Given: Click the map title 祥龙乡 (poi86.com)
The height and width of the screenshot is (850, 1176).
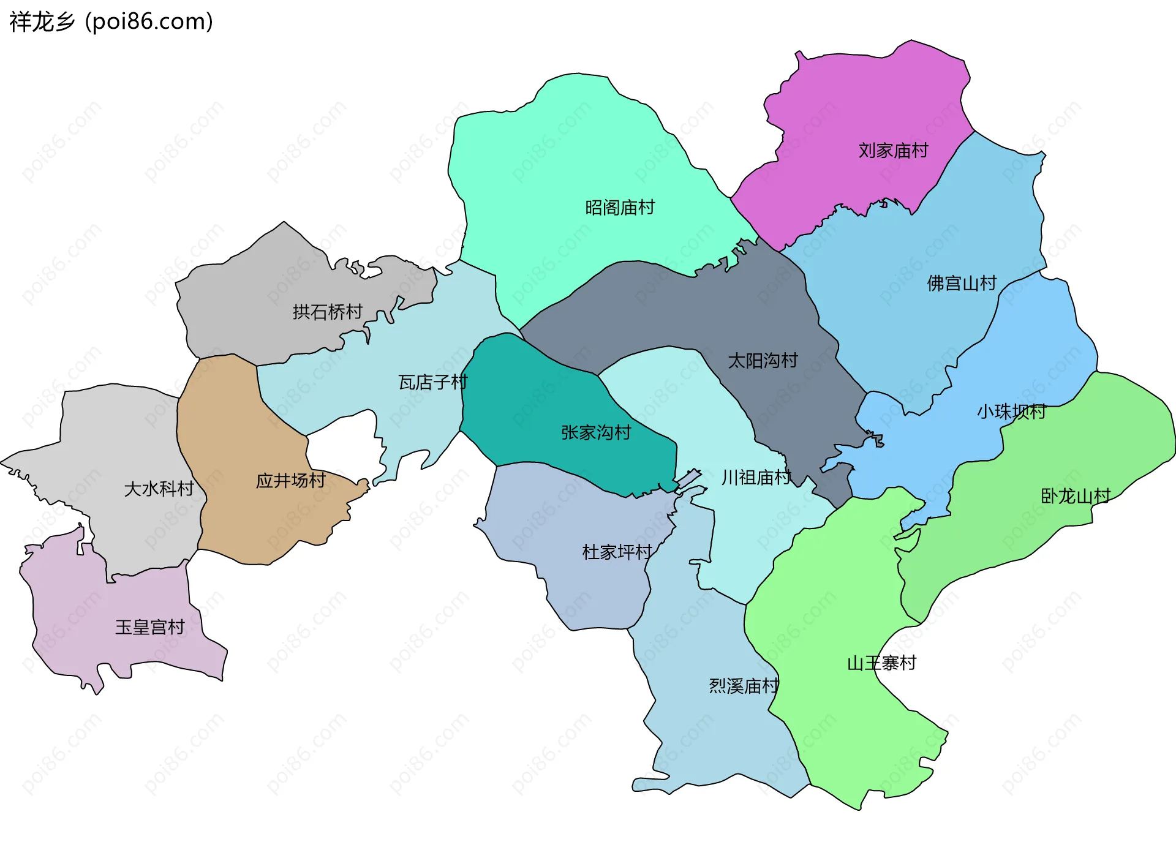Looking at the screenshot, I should (x=111, y=21).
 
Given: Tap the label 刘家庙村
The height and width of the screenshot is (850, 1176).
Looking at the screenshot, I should (x=893, y=150).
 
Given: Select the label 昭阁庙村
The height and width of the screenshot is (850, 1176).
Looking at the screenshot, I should (x=620, y=208).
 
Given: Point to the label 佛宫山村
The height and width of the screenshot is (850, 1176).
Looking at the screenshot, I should (x=962, y=283).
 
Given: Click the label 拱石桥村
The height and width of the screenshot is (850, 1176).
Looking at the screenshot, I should (x=328, y=312).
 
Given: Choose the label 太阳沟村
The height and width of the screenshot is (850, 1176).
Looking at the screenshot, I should (x=763, y=360).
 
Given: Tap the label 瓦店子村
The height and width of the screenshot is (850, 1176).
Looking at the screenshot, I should (x=433, y=382).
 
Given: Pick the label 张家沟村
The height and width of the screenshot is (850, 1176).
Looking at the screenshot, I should (x=596, y=432).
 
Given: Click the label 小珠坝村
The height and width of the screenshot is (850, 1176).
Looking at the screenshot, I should (x=1011, y=412).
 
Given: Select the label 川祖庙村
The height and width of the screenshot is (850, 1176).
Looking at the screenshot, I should (x=756, y=477).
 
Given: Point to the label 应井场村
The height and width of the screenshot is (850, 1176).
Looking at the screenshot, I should (x=290, y=480).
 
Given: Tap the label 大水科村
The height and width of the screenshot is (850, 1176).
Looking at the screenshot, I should (x=159, y=489).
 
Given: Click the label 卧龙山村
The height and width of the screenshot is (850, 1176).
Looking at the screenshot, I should (x=1076, y=496).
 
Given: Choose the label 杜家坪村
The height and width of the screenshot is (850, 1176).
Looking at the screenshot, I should (x=617, y=552).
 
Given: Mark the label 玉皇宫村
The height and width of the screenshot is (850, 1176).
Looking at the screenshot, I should (x=150, y=627).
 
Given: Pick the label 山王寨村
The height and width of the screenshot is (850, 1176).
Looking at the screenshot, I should (x=881, y=663).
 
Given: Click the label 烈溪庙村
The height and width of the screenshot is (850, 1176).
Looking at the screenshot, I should (x=744, y=685).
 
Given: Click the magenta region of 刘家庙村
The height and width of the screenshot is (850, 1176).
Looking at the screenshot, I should (x=858, y=104).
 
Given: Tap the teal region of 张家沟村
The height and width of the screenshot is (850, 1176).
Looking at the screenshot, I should (x=539, y=398).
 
